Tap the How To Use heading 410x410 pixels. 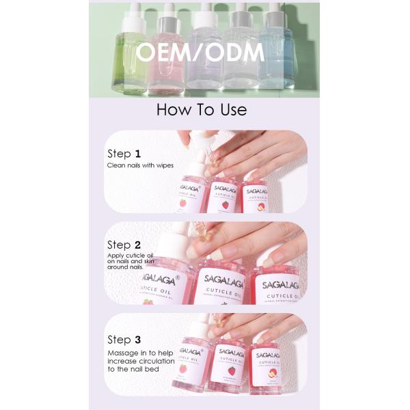(x=202, y=109)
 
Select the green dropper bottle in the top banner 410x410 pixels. (x=131, y=51)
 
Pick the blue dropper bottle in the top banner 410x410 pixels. (x=275, y=51)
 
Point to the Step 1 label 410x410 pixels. (x=124, y=154)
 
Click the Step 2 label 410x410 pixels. (x=124, y=245)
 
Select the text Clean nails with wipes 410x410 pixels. (x=140, y=165)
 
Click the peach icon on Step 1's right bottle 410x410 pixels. (x=260, y=205)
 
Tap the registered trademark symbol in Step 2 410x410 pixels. (x=178, y=277)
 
